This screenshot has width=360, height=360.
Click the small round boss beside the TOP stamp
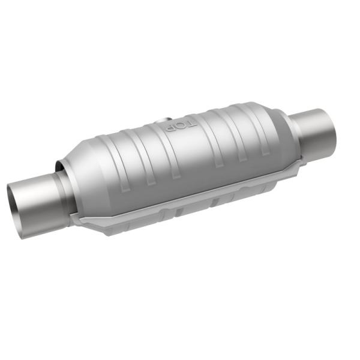[161, 125]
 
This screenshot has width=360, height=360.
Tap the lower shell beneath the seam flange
[180, 210]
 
